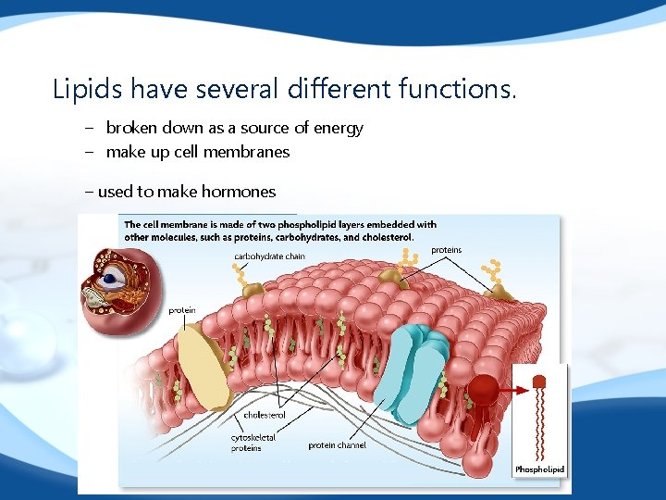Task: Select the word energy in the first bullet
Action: pyautogui.click(x=339, y=128)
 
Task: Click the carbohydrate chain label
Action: pyautogui.click(x=269, y=256)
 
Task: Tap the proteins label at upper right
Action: pyautogui.click(x=446, y=250)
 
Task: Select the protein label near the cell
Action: pyautogui.click(x=181, y=310)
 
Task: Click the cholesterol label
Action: pyautogui.click(x=264, y=415)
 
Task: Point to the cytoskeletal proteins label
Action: pyautogui.click(x=253, y=443)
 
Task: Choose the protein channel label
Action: pyautogui.click(x=337, y=445)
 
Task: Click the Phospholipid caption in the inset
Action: pyautogui.click(x=538, y=469)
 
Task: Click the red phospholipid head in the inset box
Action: pyautogui.click(x=538, y=379)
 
